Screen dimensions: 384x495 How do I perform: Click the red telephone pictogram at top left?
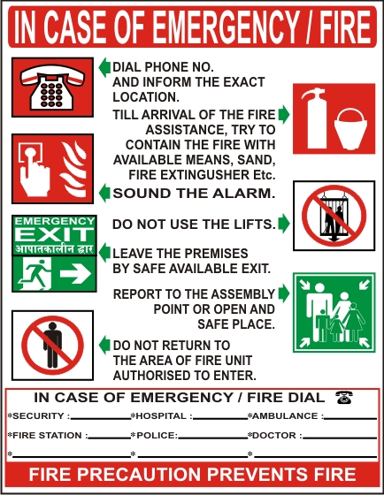[x=52, y=88]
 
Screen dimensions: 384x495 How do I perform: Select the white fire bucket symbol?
[x=350, y=129]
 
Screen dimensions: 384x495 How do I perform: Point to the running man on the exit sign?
[x=35, y=273]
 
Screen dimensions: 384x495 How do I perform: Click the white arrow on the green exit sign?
[x=75, y=274]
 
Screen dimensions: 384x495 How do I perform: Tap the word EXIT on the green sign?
[x=54, y=234]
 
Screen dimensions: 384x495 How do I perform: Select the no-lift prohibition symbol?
[x=334, y=216]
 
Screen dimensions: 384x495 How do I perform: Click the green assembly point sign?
[x=334, y=313]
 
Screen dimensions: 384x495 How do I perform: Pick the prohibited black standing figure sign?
[x=52, y=346]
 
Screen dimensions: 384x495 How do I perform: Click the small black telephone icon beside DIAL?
[x=344, y=397]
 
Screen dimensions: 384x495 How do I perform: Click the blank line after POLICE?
[x=212, y=438]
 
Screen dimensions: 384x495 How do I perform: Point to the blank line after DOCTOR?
[x=340, y=438]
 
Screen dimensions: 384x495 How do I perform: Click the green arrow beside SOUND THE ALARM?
[x=104, y=193]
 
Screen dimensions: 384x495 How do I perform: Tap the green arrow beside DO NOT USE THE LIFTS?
[x=284, y=224]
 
